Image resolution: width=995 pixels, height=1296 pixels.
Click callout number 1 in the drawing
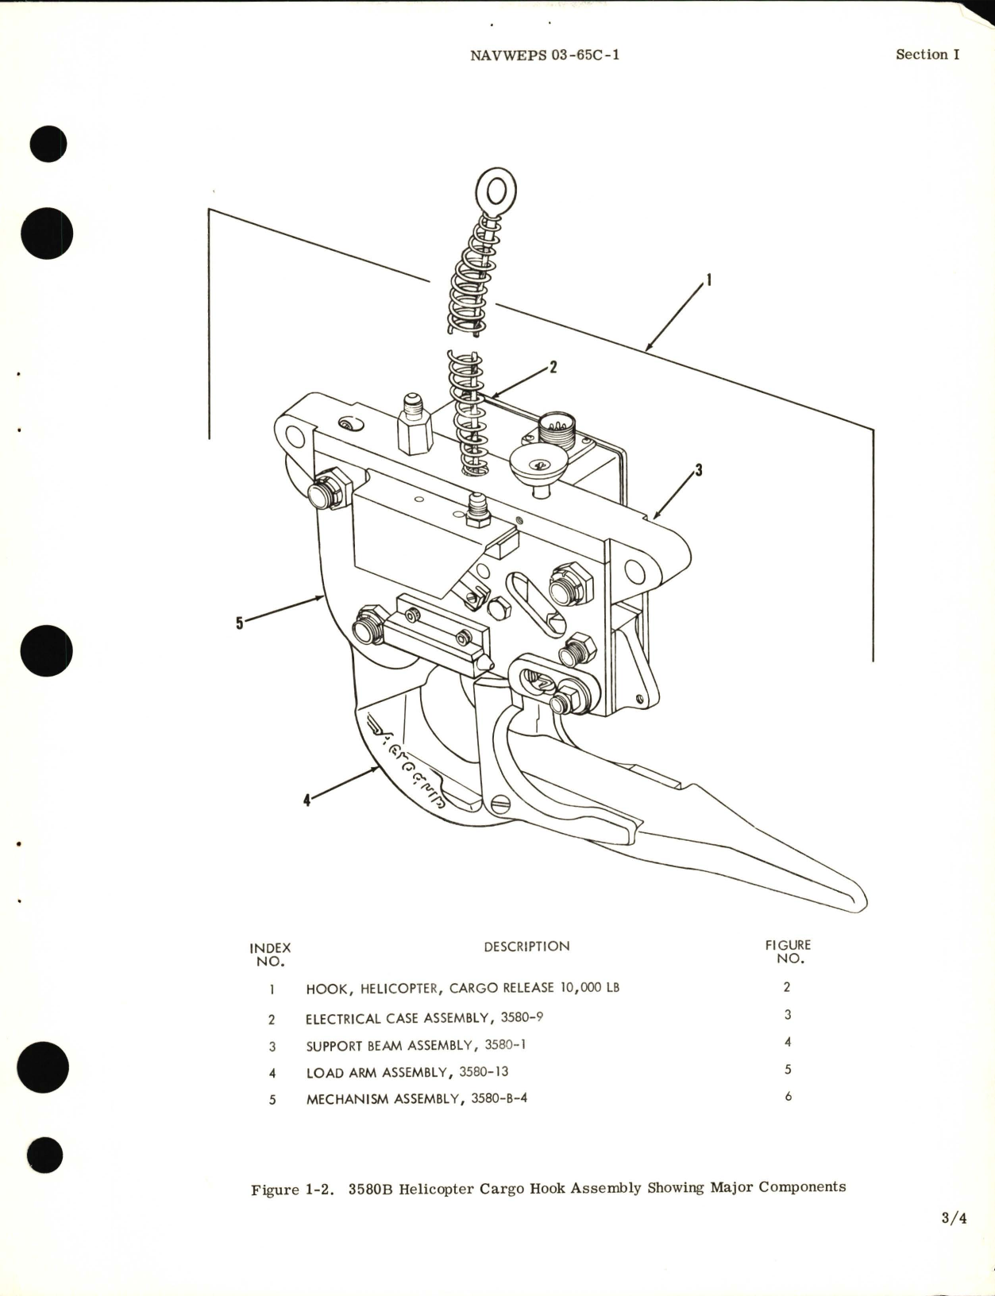tap(708, 280)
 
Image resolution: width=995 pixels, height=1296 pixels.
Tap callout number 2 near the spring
tap(553, 367)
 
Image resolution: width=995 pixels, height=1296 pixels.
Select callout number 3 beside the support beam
tap(699, 470)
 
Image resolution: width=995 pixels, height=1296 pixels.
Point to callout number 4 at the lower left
tap(307, 800)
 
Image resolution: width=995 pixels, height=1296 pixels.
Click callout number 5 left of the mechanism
tap(240, 623)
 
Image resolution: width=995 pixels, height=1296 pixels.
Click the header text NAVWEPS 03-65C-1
tap(545, 55)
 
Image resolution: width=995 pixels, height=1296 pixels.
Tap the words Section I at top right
tap(927, 54)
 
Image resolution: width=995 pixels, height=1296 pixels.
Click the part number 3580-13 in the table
tap(484, 1072)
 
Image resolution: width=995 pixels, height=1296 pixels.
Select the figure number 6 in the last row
tap(788, 1097)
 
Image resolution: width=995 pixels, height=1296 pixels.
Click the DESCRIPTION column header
tap(526, 947)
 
